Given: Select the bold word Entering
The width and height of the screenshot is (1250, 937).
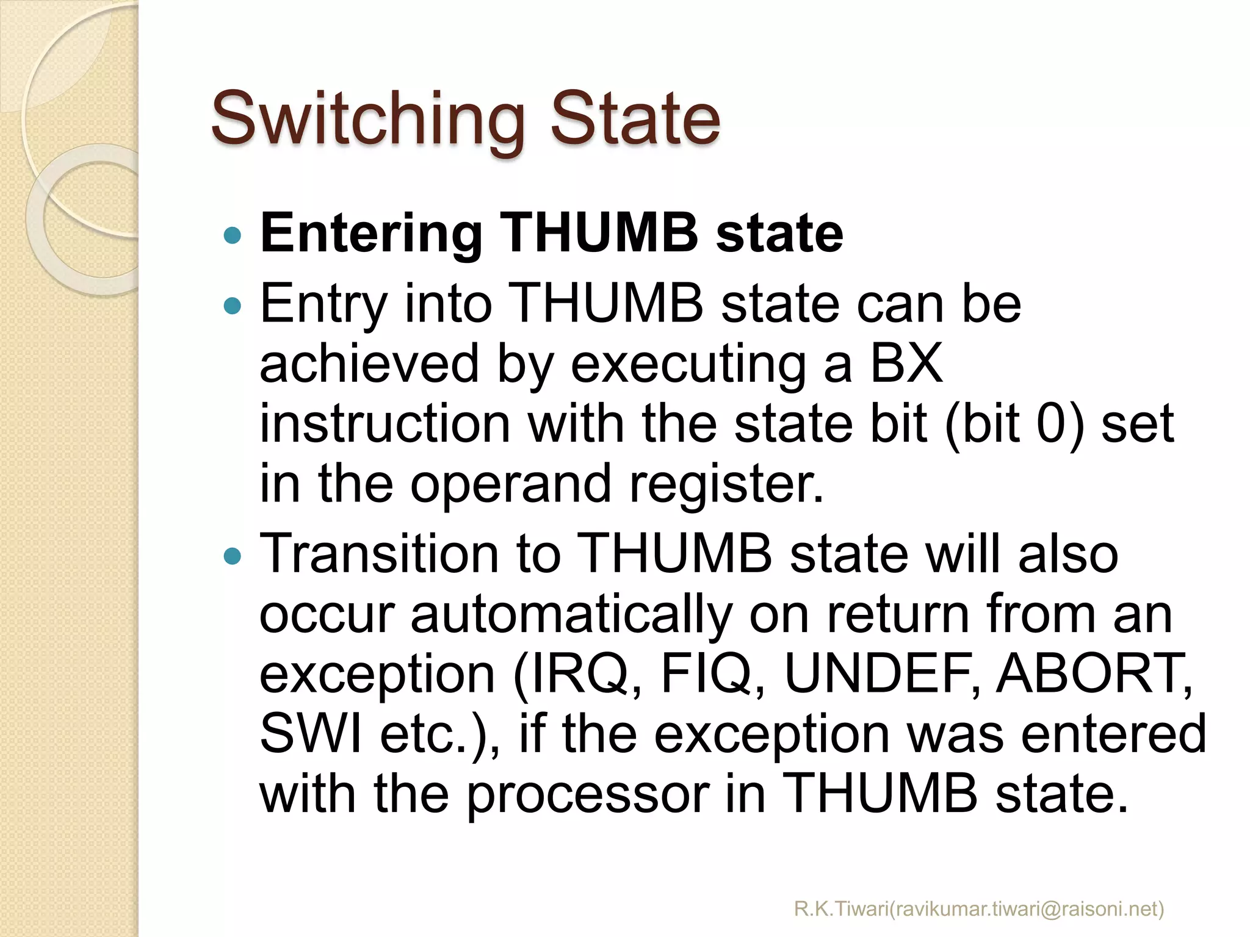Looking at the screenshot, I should point(371,234).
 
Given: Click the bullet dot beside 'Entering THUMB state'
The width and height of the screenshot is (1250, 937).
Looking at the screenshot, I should point(233,235).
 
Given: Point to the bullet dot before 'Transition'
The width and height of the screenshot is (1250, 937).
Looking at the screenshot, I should point(233,555).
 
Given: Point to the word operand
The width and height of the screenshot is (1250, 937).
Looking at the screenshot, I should point(510,483).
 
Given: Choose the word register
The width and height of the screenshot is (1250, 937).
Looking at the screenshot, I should point(726,483).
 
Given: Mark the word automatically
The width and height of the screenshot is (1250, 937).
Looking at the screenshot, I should point(571,615).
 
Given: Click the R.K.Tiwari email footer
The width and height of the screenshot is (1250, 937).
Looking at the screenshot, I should point(979,909).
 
